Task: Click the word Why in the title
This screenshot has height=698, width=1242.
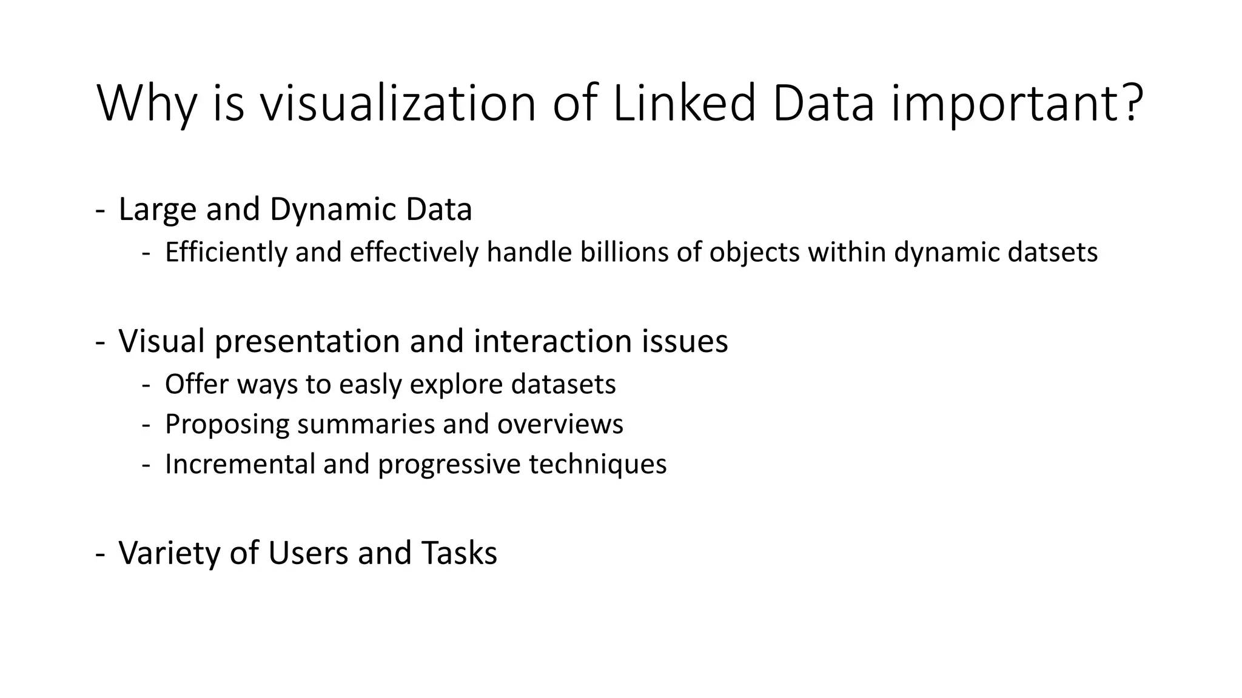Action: click(x=146, y=104)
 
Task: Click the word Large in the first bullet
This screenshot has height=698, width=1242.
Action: click(x=157, y=210)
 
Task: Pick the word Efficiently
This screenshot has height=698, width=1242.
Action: click(x=226, y=253)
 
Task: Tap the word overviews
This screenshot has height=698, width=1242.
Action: click(x=560, y=424)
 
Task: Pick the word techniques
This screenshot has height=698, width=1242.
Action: click(x=597, y=465)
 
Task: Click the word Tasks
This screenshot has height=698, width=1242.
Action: click(x=459, y=553)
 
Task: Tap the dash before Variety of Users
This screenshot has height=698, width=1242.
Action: click(x=101, y=553)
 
